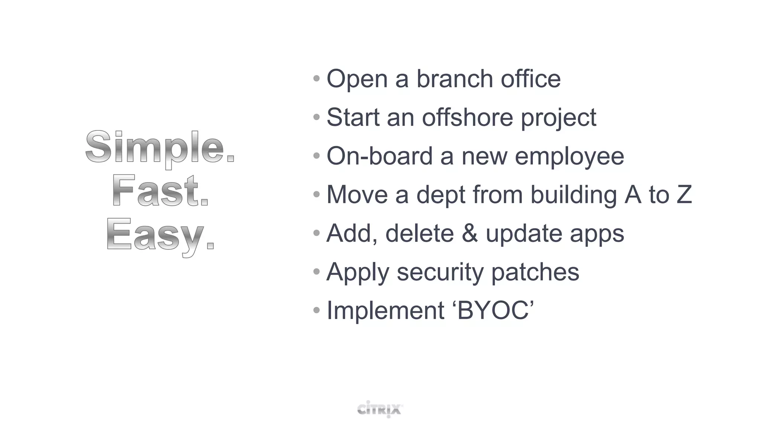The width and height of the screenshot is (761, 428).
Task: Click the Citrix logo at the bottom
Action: pos(380,409)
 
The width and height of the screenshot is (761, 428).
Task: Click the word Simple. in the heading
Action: pos(160,148)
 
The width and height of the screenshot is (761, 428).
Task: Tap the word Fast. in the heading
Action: pos(160,191)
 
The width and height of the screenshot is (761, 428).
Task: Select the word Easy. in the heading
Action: pos(160,235)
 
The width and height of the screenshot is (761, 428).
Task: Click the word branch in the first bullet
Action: pos(454,79)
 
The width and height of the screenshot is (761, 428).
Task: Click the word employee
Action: pos(569,157)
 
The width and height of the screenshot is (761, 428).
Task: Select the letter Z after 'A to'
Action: pos(684,195)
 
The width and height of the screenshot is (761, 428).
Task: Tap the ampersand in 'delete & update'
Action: pos(470,233)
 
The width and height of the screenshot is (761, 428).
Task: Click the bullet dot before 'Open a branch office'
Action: pos(317,79)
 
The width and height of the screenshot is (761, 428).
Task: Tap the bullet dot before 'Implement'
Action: pos(317,310)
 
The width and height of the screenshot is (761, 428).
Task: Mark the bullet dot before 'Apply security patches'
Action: pos(317,272)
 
